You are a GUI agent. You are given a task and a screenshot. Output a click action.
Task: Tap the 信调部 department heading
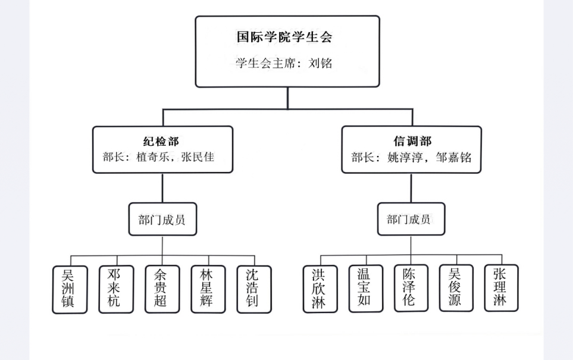point(412,142)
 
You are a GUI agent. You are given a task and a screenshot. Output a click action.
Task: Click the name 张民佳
point(197,158)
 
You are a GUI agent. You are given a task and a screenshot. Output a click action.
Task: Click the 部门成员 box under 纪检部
point(162,220)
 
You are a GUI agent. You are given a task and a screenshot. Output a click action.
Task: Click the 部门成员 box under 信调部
point(411,220)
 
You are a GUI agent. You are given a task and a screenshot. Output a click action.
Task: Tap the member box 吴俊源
point(456,289)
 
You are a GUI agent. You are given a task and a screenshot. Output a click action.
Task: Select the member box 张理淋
point(500,289)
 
